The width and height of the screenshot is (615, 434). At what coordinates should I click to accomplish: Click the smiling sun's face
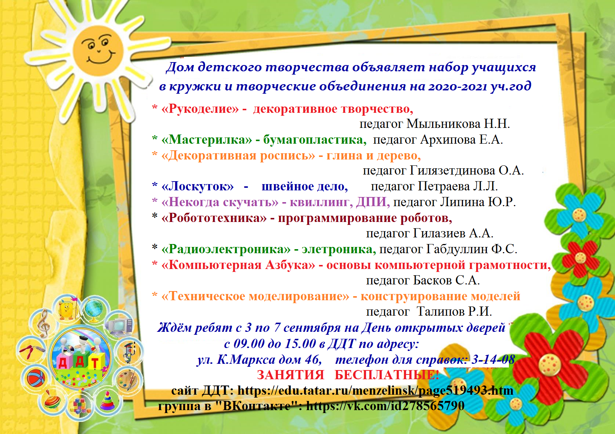(x=98, y=50)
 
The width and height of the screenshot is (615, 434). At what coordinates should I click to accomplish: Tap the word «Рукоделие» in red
(x=200, y=108)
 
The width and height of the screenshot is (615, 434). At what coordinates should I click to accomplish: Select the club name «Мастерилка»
(x=207, y=140)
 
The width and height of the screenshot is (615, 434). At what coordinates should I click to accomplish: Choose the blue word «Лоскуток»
(x=198, y=187)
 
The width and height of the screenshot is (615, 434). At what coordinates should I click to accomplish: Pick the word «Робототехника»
(x=214, y=218)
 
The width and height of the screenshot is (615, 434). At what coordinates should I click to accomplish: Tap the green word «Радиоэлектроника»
(x=226, y=249)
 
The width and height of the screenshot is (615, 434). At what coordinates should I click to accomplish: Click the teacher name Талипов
(x=441, y=312)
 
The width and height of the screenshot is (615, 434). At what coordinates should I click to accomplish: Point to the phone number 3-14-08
(x=493, y=359)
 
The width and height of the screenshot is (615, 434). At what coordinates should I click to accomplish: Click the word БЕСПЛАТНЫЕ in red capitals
(x=387, y=375)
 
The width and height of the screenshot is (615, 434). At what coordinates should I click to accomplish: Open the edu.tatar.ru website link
(x=375, y=391)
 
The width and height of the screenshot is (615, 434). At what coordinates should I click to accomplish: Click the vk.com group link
(x=385, y=406)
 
